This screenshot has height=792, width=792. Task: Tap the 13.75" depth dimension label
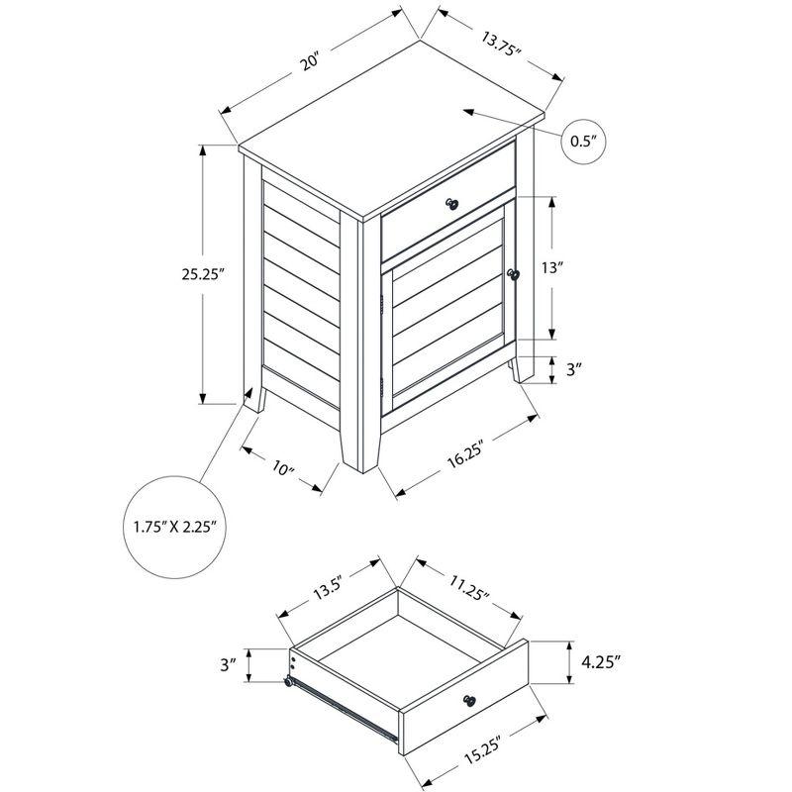(501, 45)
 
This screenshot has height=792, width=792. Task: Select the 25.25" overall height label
(202, 274)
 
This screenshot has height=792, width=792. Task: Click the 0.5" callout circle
(583, 142)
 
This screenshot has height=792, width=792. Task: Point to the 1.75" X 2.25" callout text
(175, 528)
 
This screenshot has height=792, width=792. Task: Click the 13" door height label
(552, 267)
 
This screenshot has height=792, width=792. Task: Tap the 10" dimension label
(283, 468)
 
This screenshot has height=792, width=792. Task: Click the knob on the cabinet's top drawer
(452, 204)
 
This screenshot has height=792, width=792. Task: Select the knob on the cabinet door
(513, 275)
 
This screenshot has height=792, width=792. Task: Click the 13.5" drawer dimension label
(329, 587)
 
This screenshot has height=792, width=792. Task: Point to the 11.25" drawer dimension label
(468, 587)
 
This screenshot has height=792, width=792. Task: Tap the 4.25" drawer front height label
(601, 661)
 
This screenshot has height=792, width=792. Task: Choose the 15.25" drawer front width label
(481, 751)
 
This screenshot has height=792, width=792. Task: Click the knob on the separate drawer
(469, 701)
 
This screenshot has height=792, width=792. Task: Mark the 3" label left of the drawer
(229, 664)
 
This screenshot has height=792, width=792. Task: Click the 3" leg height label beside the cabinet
(572, 369)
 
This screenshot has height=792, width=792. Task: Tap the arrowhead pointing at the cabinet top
(469, 112)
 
